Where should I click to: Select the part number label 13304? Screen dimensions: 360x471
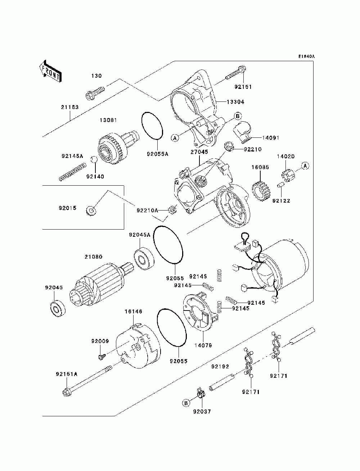point(235,102)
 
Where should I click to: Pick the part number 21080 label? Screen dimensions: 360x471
point(93,257)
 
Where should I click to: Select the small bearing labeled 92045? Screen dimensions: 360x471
point(58,310)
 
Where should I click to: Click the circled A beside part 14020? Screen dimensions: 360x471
point(306,166)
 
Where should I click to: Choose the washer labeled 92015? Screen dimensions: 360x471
point(91,210)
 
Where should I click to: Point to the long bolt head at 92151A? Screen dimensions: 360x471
point(66,393)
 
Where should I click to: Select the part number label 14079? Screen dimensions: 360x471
point(203,345)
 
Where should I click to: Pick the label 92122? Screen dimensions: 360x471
point(281,201)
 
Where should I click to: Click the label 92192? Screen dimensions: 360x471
point(220,367)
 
